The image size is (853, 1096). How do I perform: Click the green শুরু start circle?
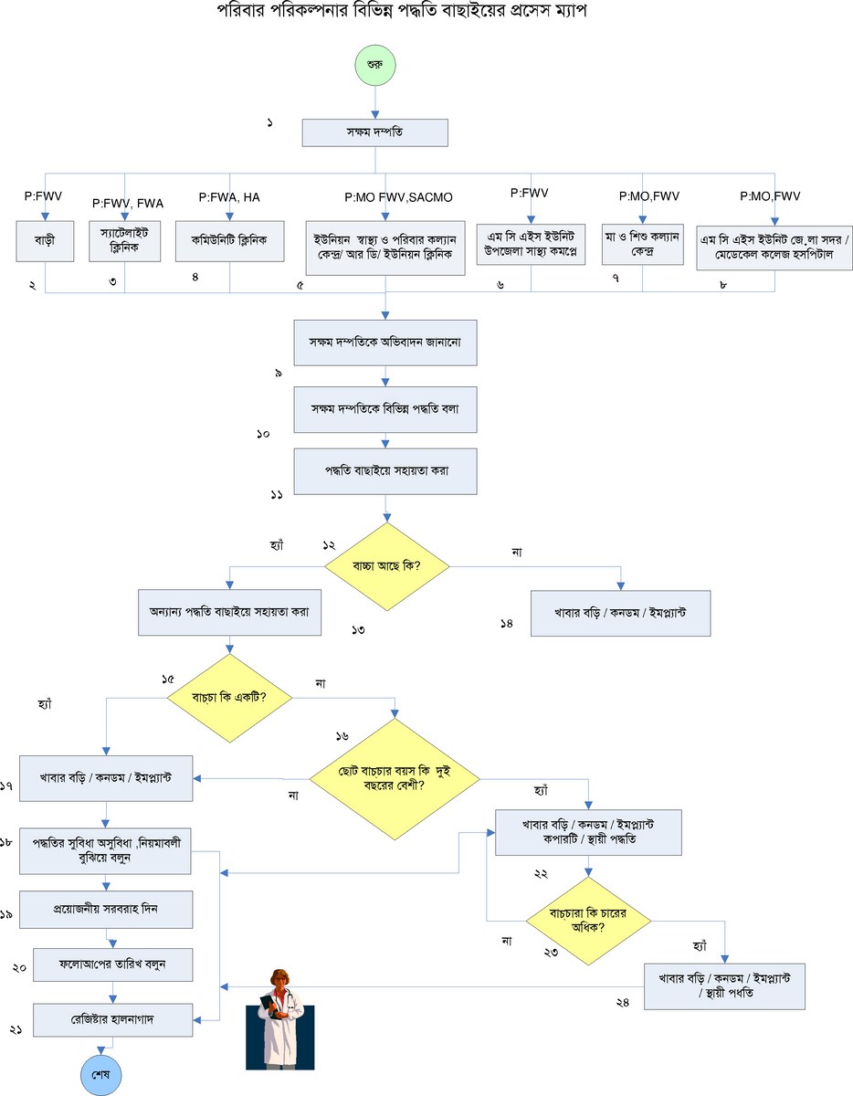click(x=374, y=67)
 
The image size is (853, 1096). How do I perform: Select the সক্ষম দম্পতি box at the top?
click(x=374, y=132)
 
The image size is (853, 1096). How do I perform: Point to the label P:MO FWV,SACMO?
click(x=398, y=197)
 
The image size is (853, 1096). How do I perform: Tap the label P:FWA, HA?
click(x=229, y=196)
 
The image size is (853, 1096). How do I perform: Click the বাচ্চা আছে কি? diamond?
click(x=386, y=566)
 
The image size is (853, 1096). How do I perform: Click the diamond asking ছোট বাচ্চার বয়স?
click(x=395, y=778)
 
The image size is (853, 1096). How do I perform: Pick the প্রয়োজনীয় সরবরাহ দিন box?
click(x=112, y=910)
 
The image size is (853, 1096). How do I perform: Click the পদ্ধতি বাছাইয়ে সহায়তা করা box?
click(x=385, y=471)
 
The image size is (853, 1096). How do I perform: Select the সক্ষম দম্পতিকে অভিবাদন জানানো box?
click(x=385, y=342)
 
